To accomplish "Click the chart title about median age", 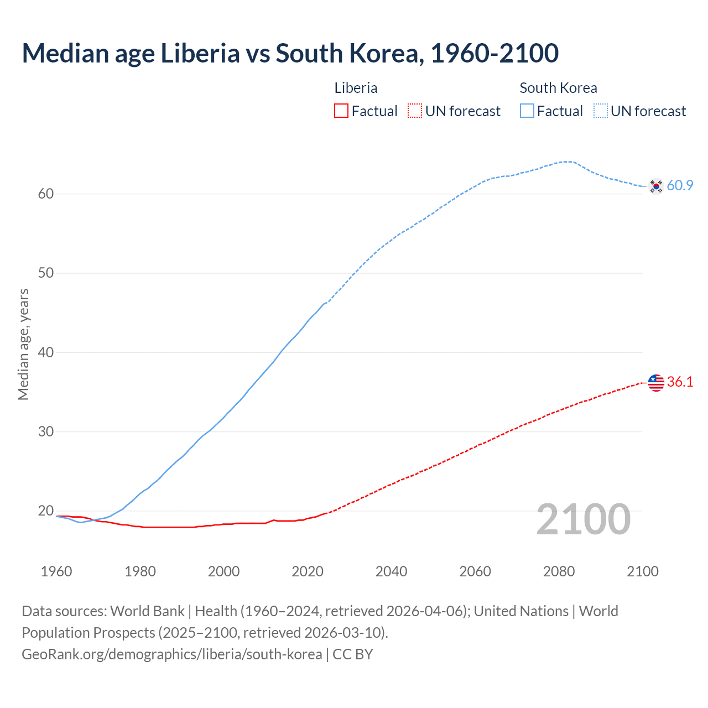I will point(290,54).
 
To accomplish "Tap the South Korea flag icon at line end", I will point(656,186).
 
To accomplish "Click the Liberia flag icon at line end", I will point(656,382).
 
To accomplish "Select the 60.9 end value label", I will point(680,186).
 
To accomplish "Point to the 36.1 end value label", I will point(680,382).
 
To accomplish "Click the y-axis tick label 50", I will point(46,273).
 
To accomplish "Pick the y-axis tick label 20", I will point(46,511).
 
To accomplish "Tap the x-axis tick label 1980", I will point(140,571).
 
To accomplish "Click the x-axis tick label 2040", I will point(391,571).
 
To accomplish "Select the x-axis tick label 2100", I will point(642,571).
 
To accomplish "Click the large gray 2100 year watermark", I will point(583,519).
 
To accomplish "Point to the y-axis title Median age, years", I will point(23,344).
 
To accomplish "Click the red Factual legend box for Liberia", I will point(341,111).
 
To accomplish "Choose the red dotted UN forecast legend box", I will point(415,111).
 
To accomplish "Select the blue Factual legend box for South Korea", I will point(527,111).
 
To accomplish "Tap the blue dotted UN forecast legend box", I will point(601,111).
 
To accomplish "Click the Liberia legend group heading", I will point(356,88).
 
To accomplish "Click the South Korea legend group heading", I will point(558,88).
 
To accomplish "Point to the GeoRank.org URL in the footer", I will point(171,654).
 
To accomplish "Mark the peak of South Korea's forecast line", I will point(568,162).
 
